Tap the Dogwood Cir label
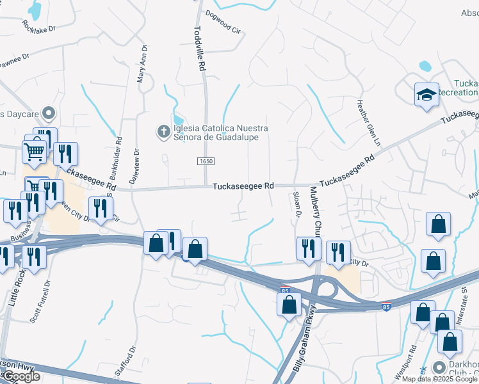(223, 12)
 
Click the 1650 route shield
(205, 163)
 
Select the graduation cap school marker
(426, 95)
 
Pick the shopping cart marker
(34, 152)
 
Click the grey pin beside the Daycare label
(48, 114)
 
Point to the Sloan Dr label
(296, 205)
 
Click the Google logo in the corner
(21, 376)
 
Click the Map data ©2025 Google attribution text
(439, 379)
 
